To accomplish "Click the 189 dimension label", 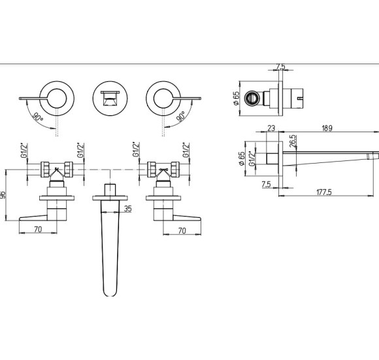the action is coord(327,128).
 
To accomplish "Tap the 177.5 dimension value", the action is coord(324,192).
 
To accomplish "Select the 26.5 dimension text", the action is coord(293,141).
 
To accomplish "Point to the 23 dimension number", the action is coord(271,128).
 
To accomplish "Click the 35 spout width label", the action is coord(128,208).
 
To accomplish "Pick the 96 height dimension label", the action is coord(3,195).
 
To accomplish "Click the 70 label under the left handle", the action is coord(38,229).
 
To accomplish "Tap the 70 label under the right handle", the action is coord(182,230).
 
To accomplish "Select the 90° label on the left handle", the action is coord(38,117).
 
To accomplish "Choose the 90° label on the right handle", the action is coord(181,117).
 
